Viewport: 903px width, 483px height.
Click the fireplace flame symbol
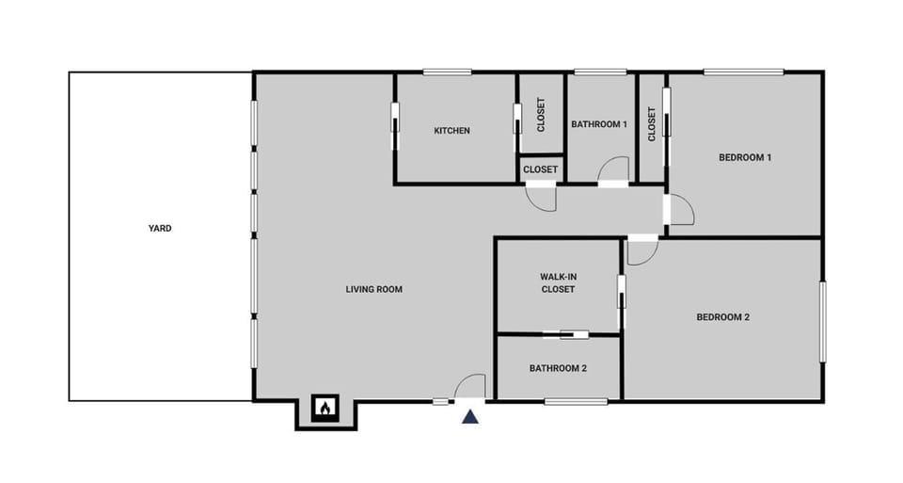(325, 409)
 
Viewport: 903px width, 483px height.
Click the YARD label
(160, 228)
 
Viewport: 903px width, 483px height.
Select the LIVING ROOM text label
(373, 289)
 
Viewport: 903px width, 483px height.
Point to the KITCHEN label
(451, 131)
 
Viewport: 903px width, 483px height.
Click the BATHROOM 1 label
(599, 124)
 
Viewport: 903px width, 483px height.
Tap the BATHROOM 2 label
(558, 368)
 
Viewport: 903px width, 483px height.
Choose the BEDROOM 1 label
(745, 157)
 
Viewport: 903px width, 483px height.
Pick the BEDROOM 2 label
(722, 317)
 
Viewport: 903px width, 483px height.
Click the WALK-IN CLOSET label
(557, 282)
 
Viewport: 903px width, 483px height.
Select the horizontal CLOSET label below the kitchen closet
(540, 169)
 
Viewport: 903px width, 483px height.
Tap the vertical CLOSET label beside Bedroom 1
(651, 124)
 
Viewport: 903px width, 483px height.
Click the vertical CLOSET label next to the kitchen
(540, 114)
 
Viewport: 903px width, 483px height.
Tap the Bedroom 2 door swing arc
(642, 251)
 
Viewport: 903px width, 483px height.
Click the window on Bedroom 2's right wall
(822, 321)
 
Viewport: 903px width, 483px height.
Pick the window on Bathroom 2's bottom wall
(575, 402)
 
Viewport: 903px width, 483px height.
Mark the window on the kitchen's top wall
(447, 72)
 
